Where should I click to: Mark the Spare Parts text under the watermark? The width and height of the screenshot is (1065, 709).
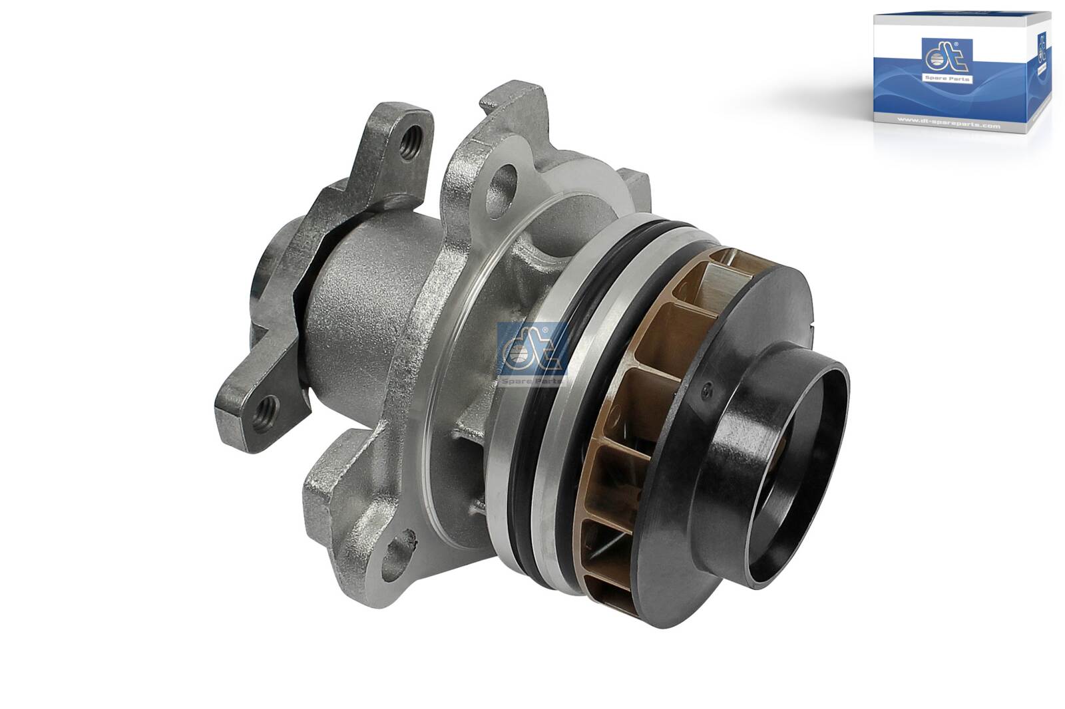532,381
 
